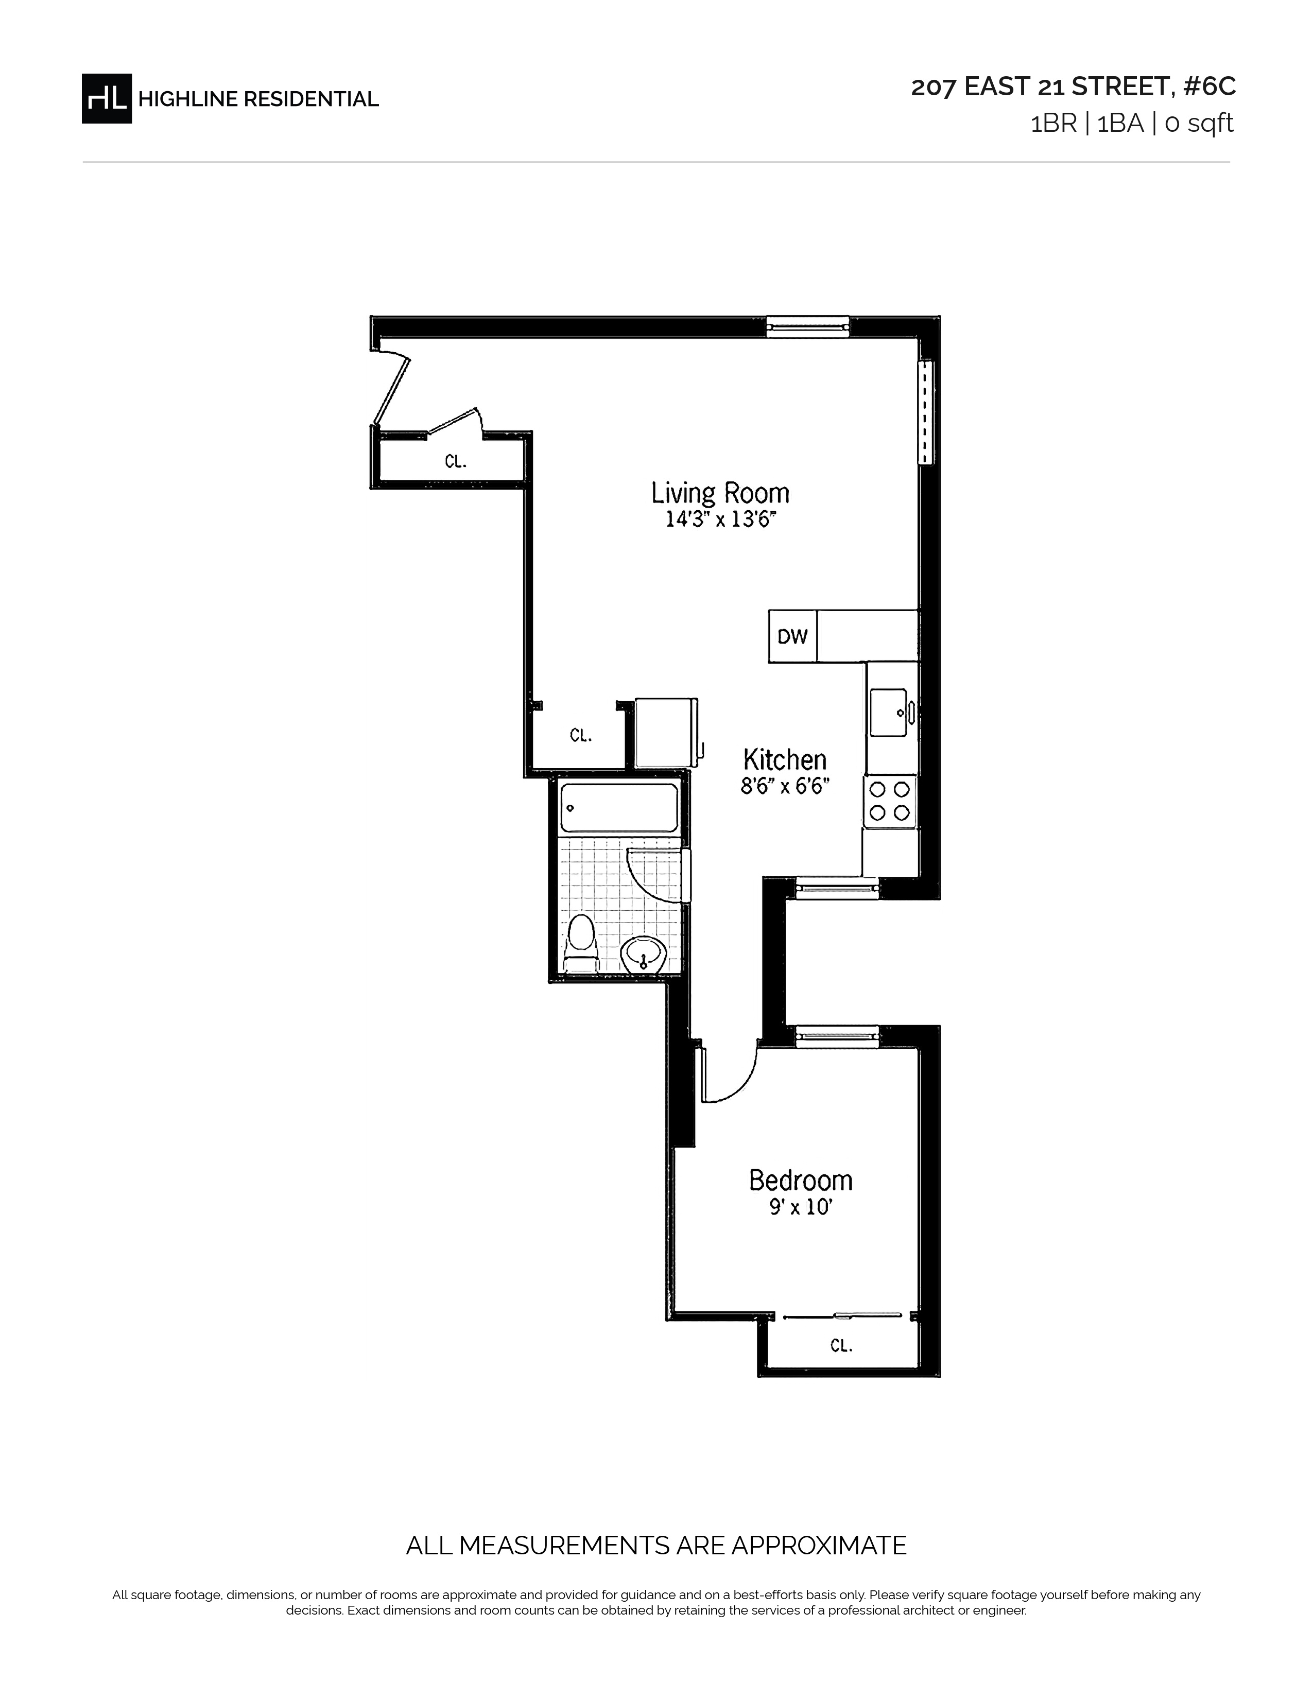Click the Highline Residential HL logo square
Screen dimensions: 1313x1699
pyautogui.click(x=107, y=98)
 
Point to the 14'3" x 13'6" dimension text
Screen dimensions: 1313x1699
pyautogui.click(x=721, y=519)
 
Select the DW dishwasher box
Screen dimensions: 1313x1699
pyautogui.click(x=792, y=636)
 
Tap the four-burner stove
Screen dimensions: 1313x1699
pyautogui.click(x=890, y=801)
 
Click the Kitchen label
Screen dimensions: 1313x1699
pyautogui.click(x=784, y=759)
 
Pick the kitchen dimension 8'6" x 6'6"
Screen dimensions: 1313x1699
pyautogui.click(x=784, y=787)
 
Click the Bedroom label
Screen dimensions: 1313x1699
pyautogui.click(x=800, y=1180)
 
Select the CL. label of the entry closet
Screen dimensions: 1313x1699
pyautogui.click(x=456, y=461)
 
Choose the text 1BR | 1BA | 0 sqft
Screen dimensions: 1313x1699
pyautogui.click(x=1132, y=124)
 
